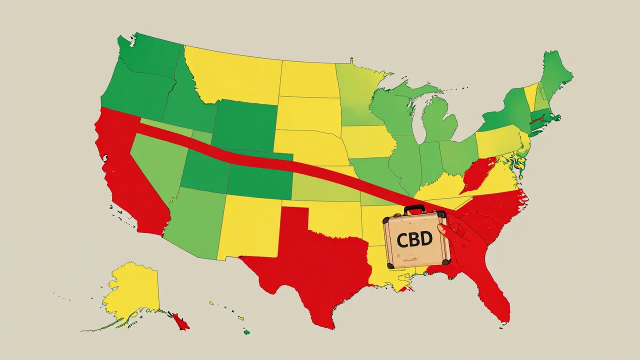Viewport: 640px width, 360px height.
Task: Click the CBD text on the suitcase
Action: [414, 239]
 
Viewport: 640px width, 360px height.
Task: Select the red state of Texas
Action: [310, 260]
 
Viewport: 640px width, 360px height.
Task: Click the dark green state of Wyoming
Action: [245, 125]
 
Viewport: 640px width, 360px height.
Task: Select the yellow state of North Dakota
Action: [307, 80]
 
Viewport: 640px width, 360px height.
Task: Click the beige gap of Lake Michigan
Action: [425, 125]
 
